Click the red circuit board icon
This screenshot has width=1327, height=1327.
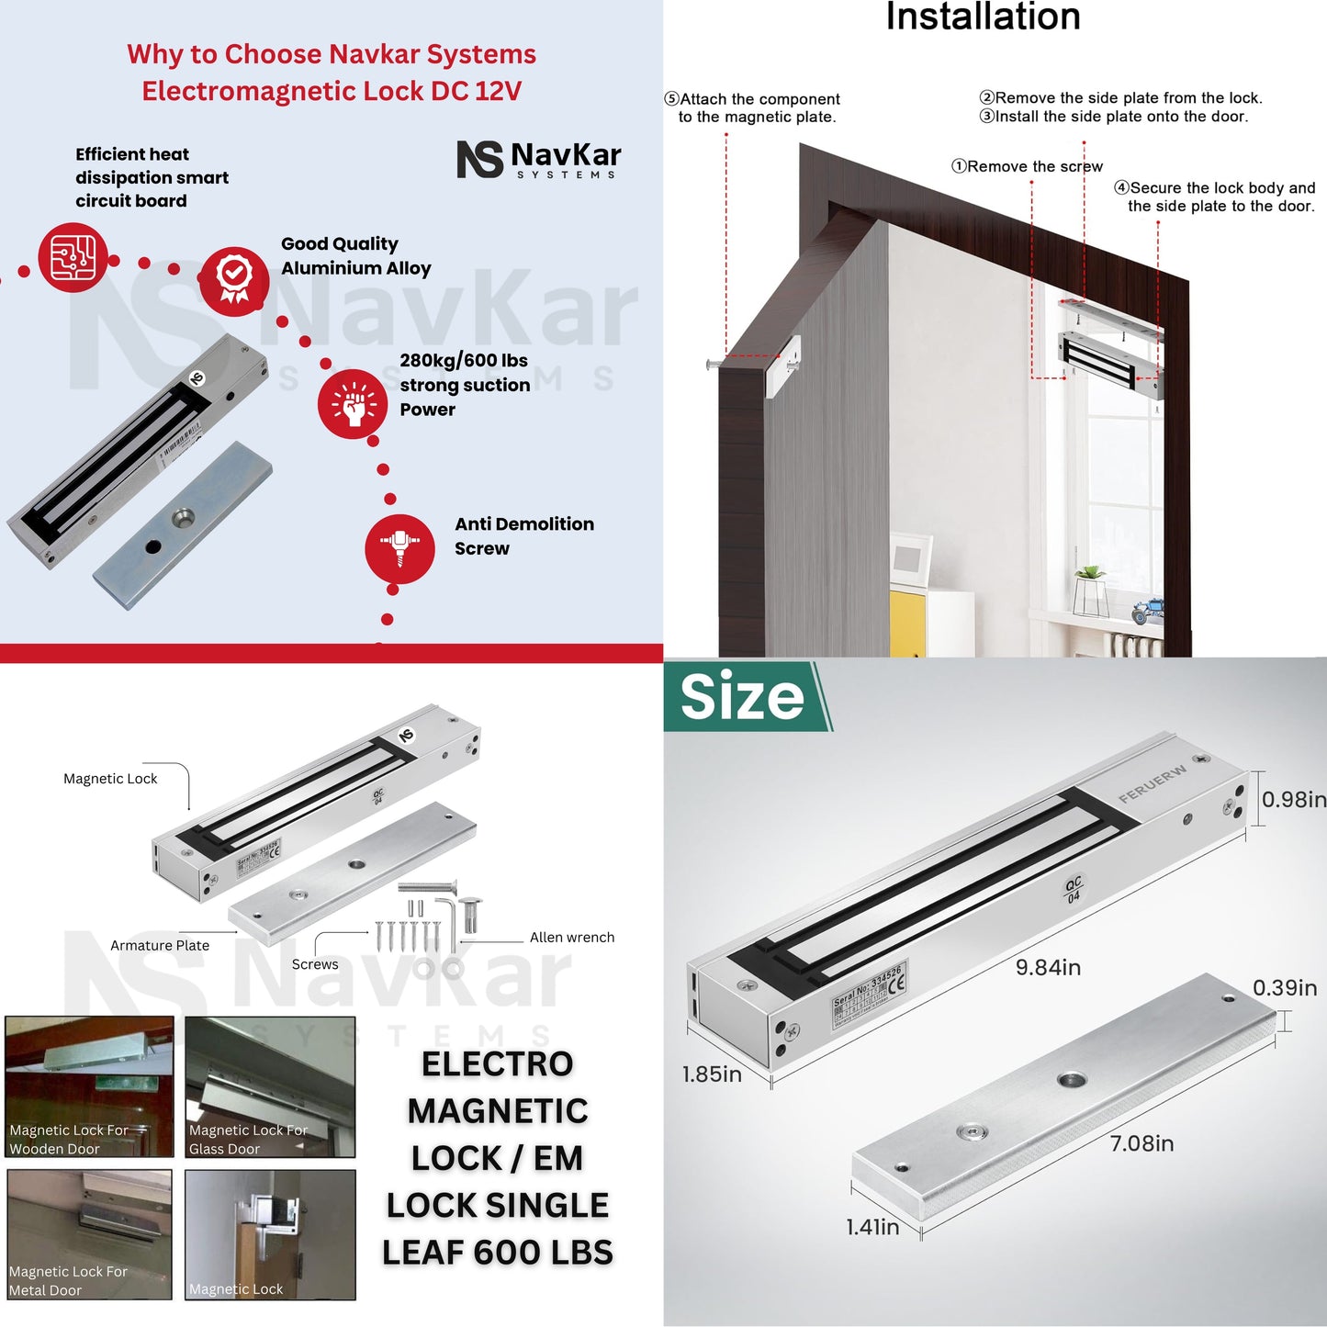pos(73,257)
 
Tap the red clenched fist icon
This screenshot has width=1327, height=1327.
pos(353,404)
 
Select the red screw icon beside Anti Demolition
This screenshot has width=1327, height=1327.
pos(399,548)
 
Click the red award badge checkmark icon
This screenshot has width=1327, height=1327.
pos(234,280)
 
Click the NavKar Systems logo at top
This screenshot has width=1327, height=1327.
pos(539,159)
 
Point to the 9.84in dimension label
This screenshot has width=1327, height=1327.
pos(1048,967)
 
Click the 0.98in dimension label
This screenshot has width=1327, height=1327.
pos(1293,799)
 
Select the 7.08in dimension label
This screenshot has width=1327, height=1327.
pos(1141,1143)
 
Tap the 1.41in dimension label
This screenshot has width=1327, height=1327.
pos(872,1227)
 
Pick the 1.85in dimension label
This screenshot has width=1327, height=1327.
pos(712,1074)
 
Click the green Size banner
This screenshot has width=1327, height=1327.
pos(744,697)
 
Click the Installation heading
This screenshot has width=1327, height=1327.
pos(983,17)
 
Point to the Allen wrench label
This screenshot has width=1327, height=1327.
pos(571,938)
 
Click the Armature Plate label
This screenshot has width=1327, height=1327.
pos(160,946)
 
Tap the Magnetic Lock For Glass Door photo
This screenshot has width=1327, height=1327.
pos(270,1086)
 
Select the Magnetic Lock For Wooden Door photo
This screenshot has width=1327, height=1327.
pos(89,1086)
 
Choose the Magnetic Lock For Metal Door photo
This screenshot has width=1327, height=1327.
pos(89,1233)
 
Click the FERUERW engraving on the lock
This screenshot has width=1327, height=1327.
pos(1152,784)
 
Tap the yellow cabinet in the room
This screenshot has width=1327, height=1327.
pos(907,624)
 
